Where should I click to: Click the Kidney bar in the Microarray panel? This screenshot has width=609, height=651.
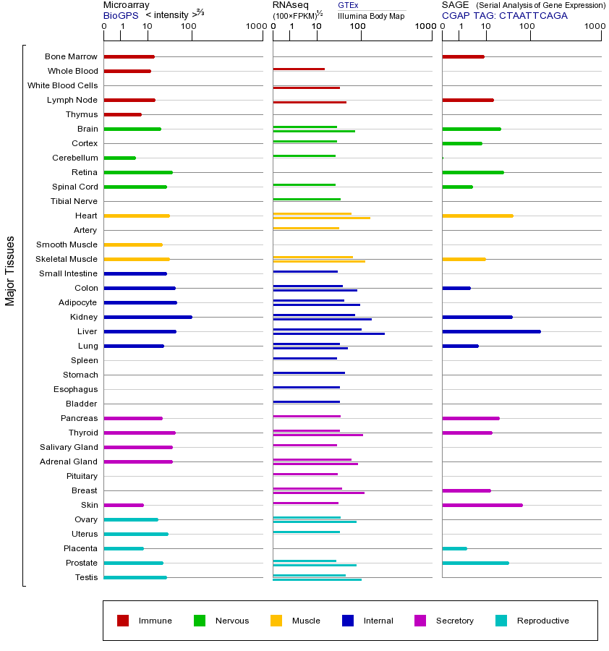click(148, 317)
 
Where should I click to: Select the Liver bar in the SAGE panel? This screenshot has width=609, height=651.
click(491, 331)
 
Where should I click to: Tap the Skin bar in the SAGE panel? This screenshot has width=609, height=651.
click(482, 505)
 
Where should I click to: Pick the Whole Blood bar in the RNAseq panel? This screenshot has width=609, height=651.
click(299, 69)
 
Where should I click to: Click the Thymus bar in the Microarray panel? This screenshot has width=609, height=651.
click(123, 114)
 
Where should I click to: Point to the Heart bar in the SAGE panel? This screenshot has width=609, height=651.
click(477, 216)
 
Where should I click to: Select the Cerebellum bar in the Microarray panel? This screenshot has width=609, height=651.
click(120, 158)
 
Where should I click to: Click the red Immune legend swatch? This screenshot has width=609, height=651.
click(123, 621)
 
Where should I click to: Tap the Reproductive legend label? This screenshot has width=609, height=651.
click(542, 621)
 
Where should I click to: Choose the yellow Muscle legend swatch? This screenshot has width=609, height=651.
click(276, 621)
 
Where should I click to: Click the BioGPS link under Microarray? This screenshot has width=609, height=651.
click(119, 14)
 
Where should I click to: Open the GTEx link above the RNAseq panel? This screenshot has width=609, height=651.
click(348, 5)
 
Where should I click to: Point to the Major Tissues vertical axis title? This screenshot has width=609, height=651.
click(10, 271)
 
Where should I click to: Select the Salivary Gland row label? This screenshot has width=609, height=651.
click(69, 447)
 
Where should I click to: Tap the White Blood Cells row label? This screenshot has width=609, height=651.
click(62, 85)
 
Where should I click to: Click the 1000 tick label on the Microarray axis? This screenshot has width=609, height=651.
click(255, 27)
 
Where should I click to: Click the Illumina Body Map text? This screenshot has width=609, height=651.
click(371, 15)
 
